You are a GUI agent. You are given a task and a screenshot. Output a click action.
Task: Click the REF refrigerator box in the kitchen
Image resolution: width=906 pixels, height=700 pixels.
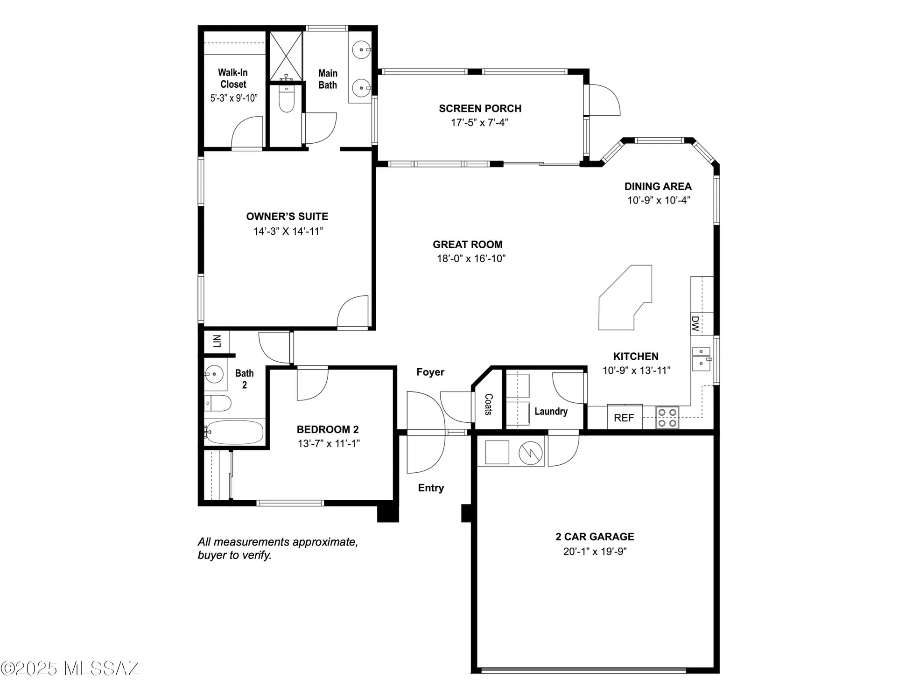(x=624, y=417)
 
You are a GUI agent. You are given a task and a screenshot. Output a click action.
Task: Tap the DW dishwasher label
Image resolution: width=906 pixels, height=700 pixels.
(x=695, y=323)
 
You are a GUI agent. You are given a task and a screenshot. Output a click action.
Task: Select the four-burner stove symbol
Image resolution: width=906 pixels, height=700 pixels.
(x=667, y=418)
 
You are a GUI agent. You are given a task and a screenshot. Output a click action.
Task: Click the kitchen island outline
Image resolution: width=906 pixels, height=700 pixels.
(x=625, y=299)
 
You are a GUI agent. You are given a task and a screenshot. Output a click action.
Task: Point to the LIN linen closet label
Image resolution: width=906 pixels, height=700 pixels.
(x=217, y=341)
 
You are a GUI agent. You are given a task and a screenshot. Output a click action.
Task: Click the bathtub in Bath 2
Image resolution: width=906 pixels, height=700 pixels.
(x=234, y=432)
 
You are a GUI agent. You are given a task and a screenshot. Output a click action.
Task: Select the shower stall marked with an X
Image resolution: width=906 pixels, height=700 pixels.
(x=286, y=55)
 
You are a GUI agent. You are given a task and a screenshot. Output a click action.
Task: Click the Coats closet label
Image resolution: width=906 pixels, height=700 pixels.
(x=488, y=404)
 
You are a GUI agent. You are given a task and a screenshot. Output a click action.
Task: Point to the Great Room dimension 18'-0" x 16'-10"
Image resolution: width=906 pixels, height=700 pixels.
(x=471, y=259)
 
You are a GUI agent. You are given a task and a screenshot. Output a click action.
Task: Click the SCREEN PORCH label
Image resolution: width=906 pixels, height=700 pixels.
(x=480, y=108)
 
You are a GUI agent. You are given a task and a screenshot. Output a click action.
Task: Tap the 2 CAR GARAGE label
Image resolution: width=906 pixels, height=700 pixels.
(x=595, y=537)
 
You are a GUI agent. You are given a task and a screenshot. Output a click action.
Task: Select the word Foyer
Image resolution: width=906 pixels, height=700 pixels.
(x=430, y=372)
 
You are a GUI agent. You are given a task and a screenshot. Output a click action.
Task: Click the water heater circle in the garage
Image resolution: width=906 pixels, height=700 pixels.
(x=531, y=452)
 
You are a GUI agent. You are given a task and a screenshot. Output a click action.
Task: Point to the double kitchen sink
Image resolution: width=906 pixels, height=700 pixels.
(x=701, y=358)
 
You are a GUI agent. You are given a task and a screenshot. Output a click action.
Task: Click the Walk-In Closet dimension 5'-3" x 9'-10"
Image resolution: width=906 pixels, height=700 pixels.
(x=233, y=98)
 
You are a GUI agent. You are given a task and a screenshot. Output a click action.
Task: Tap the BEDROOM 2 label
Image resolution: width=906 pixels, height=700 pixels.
(x=328, y=429)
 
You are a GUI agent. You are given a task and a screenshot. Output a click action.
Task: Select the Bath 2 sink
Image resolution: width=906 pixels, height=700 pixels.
(x=214, y=374)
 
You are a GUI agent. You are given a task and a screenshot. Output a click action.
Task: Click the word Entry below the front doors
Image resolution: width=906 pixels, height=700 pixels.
(x=430, y=488)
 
